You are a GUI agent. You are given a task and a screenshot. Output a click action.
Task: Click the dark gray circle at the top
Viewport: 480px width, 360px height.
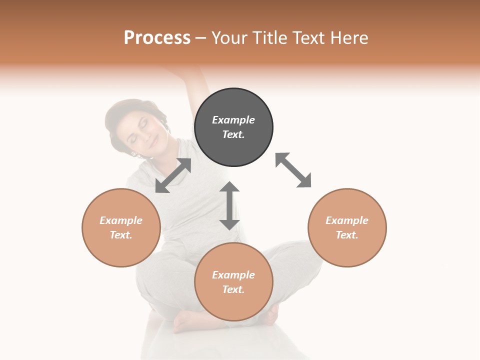pos(233,127)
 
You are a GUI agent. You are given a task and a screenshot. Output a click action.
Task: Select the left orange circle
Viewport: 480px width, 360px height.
pos(121,227)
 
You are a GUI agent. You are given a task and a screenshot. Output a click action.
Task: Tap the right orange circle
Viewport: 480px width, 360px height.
pos(347,227)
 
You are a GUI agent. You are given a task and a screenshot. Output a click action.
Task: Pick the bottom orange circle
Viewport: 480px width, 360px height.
pos(233,281)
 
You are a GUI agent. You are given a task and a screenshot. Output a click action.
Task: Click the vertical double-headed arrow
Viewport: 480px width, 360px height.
pos(229,205)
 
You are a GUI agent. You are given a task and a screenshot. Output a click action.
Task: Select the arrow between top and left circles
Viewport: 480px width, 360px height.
pos(173,175)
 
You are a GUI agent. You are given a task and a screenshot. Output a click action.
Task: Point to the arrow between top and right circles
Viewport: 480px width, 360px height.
pos(293,170)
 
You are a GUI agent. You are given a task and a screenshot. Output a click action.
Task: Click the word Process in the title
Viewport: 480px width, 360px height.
pos(157,37)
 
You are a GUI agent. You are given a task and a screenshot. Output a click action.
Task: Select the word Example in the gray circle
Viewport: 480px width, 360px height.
pos(233,120)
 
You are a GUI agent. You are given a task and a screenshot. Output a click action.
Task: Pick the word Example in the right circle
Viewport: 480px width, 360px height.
pos(347,220)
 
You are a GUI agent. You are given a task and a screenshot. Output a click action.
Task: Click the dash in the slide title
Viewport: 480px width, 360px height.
pos(200,38)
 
